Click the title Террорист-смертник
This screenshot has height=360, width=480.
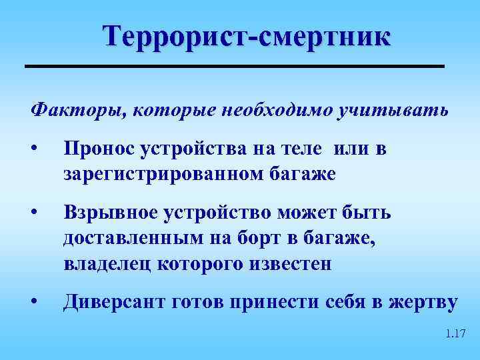click(x=247, y=36)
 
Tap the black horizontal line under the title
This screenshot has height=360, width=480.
click(x=234, y=66)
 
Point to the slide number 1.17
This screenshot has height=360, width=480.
click(x=455, y=333)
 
